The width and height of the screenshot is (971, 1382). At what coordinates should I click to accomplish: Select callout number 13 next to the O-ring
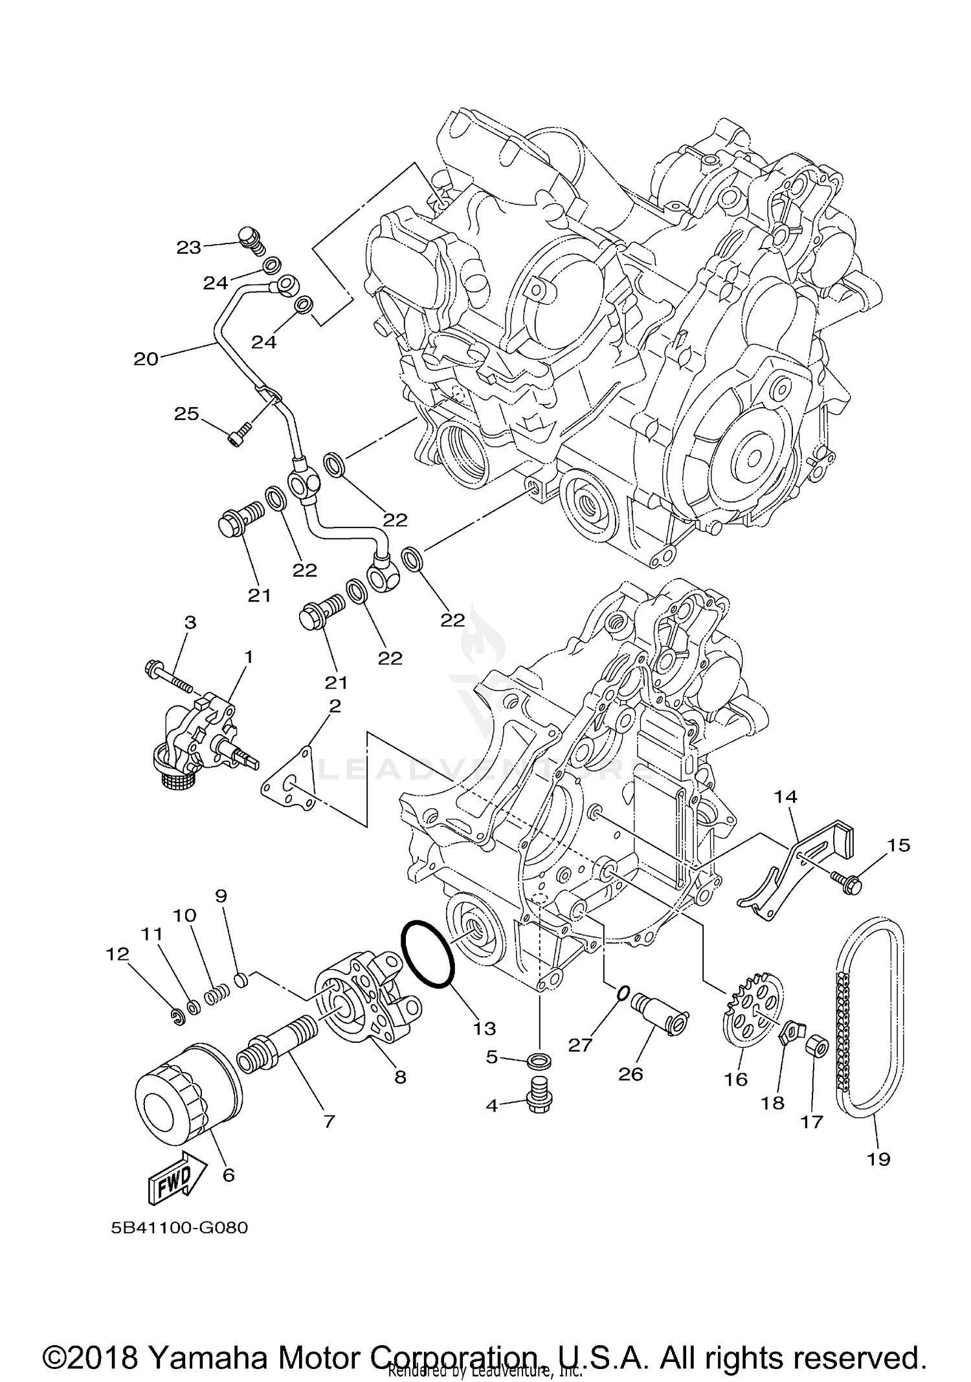pos(484,1027)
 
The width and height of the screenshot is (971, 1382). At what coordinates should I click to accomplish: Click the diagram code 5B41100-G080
pos(179,1227)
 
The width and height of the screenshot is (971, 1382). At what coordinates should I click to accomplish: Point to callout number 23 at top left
pos(189,247)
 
